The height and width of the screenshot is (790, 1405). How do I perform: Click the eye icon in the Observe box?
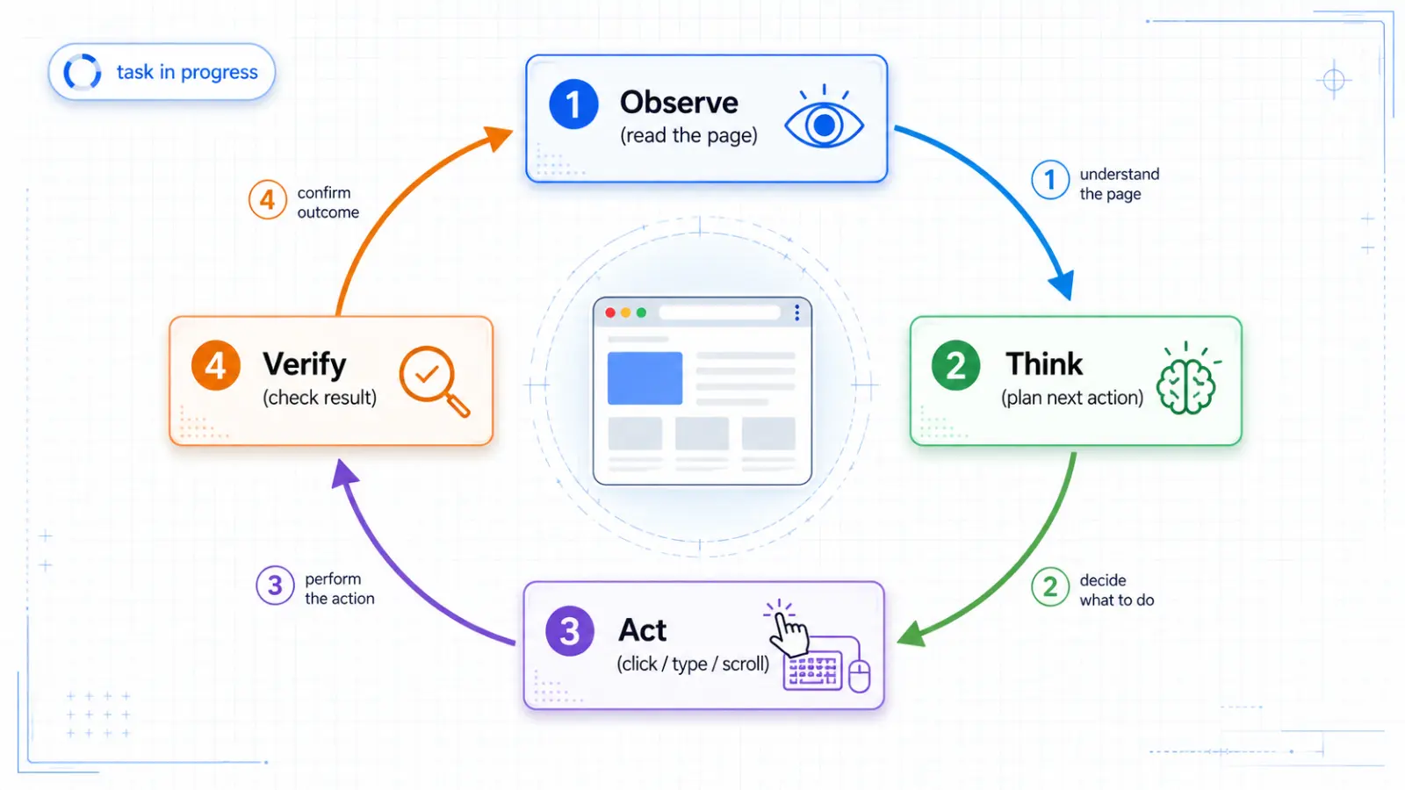click(x=824, y=118)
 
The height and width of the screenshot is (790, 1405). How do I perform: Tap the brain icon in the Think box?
click(x=1186, y=379)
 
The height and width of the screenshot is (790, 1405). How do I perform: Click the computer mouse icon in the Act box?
click(x=860, y=677)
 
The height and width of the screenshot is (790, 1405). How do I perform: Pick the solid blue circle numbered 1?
click(x=573, y=104)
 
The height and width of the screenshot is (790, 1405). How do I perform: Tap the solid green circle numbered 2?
click(x=956, y=365)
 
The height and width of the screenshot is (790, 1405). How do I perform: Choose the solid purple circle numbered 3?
click(x=570, y=631)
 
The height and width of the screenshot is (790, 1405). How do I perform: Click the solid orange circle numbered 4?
click(x=216, y=365)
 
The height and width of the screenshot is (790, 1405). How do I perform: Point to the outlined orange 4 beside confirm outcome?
click(x=267, y=200)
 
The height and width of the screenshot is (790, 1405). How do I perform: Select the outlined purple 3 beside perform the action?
click(x=275, y=585)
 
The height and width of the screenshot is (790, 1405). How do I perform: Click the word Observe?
click(x=679, y=102)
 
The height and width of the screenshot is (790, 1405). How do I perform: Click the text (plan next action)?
click(x=1072, y=398)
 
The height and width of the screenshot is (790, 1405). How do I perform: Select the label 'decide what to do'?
click(x=1116, y=590)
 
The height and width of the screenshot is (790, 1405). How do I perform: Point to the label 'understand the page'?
click(x=1119, y=183)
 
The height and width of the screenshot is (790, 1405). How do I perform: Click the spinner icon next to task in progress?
click(x=83, y=72)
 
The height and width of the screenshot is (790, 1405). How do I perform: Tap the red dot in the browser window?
click(x=609, y=312)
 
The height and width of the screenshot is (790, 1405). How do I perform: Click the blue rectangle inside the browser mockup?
click(x=645, y=378)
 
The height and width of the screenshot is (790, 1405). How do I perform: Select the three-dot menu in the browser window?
click(x=796, y=312)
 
